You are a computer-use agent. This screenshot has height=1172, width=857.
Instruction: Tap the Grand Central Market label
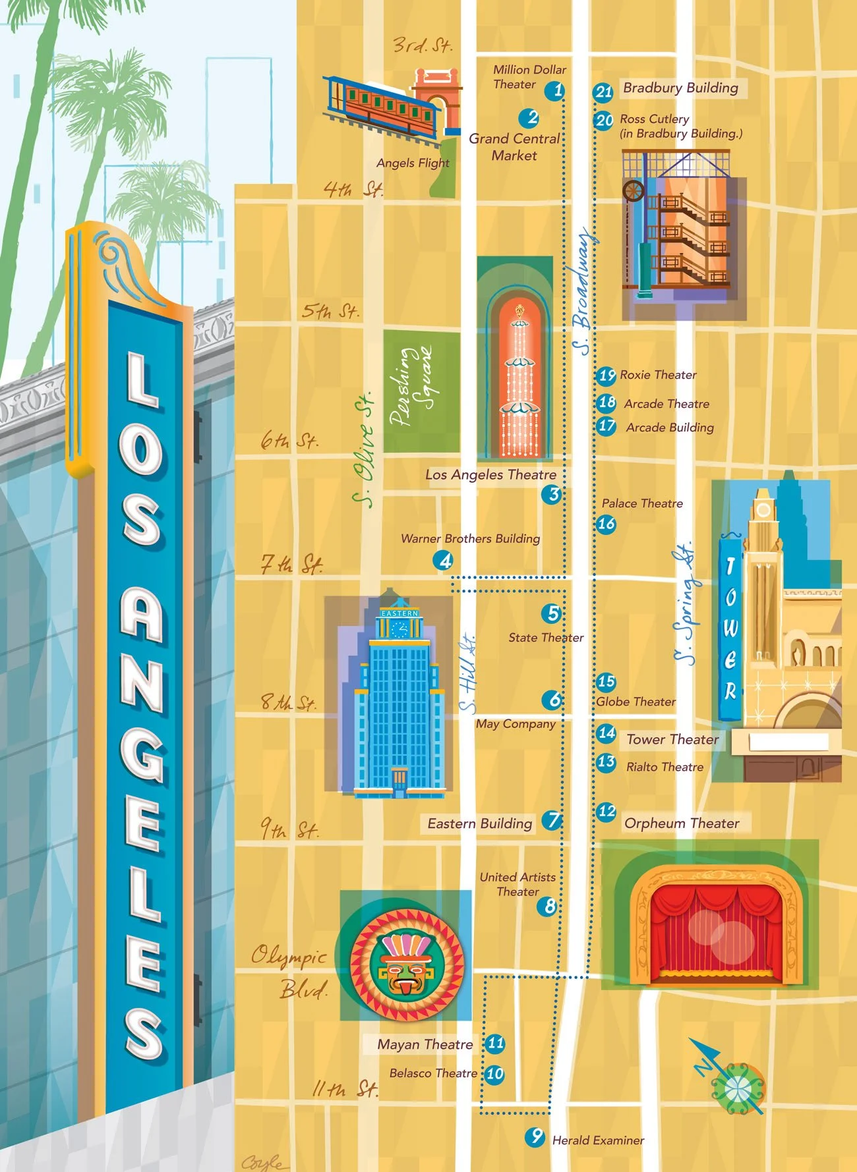tap(514, 147)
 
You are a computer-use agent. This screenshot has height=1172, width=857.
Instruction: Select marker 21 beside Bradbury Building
tap(603, 92)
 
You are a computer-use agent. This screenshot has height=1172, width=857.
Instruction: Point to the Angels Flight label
tap(413, 163)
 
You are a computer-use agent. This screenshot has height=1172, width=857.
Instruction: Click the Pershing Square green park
tap(421, 391)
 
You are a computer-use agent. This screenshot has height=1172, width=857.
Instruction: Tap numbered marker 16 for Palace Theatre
tap(606, 524)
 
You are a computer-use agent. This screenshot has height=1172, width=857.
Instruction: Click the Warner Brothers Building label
tap(470, 538)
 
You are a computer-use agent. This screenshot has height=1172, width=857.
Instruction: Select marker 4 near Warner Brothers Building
tap(444, 561)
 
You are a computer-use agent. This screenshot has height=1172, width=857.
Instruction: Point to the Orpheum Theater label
tap(682, 823)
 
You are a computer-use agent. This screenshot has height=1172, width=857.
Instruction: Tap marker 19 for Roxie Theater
tap(606, 376)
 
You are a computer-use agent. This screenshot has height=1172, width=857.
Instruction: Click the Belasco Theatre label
tap(432, 1073)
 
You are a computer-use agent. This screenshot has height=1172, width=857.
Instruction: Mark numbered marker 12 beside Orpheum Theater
tap(606, 812)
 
